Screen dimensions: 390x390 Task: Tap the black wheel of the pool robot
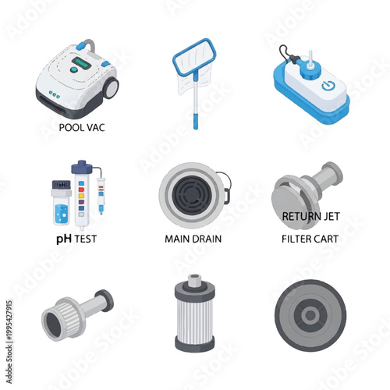pos(108,88)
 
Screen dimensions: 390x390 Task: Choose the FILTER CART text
pos(310,239)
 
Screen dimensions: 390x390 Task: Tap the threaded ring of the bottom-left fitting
pos(59,319)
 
